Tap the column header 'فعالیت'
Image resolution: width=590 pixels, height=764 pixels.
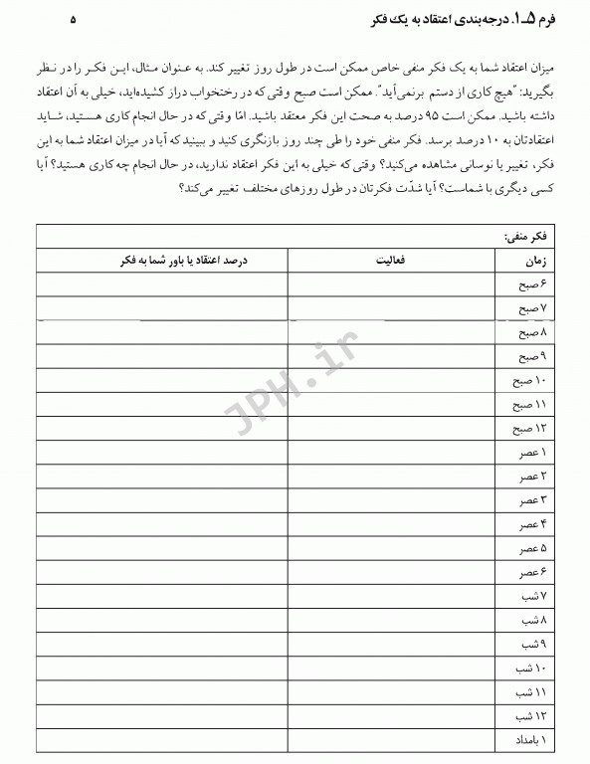pyautogui.click(x=392, y=261)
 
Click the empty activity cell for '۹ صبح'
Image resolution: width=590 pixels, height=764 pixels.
pyautogui.click(x=392, y=357)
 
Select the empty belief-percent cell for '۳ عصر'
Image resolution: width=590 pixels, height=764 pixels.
pyautogui.click(x=162, y=500)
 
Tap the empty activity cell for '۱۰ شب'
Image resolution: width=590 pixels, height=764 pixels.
pyautogui.click(x=392, y=668)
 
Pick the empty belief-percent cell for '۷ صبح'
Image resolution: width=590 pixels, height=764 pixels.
pyautogui.click(x=162, y=308)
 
